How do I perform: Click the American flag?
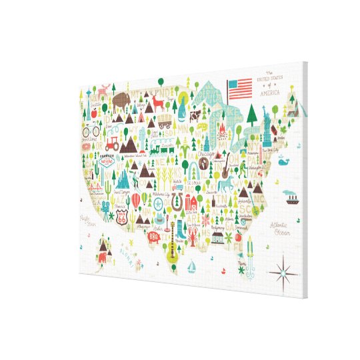241,87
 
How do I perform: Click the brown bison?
121,103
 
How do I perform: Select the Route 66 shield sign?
121,215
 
